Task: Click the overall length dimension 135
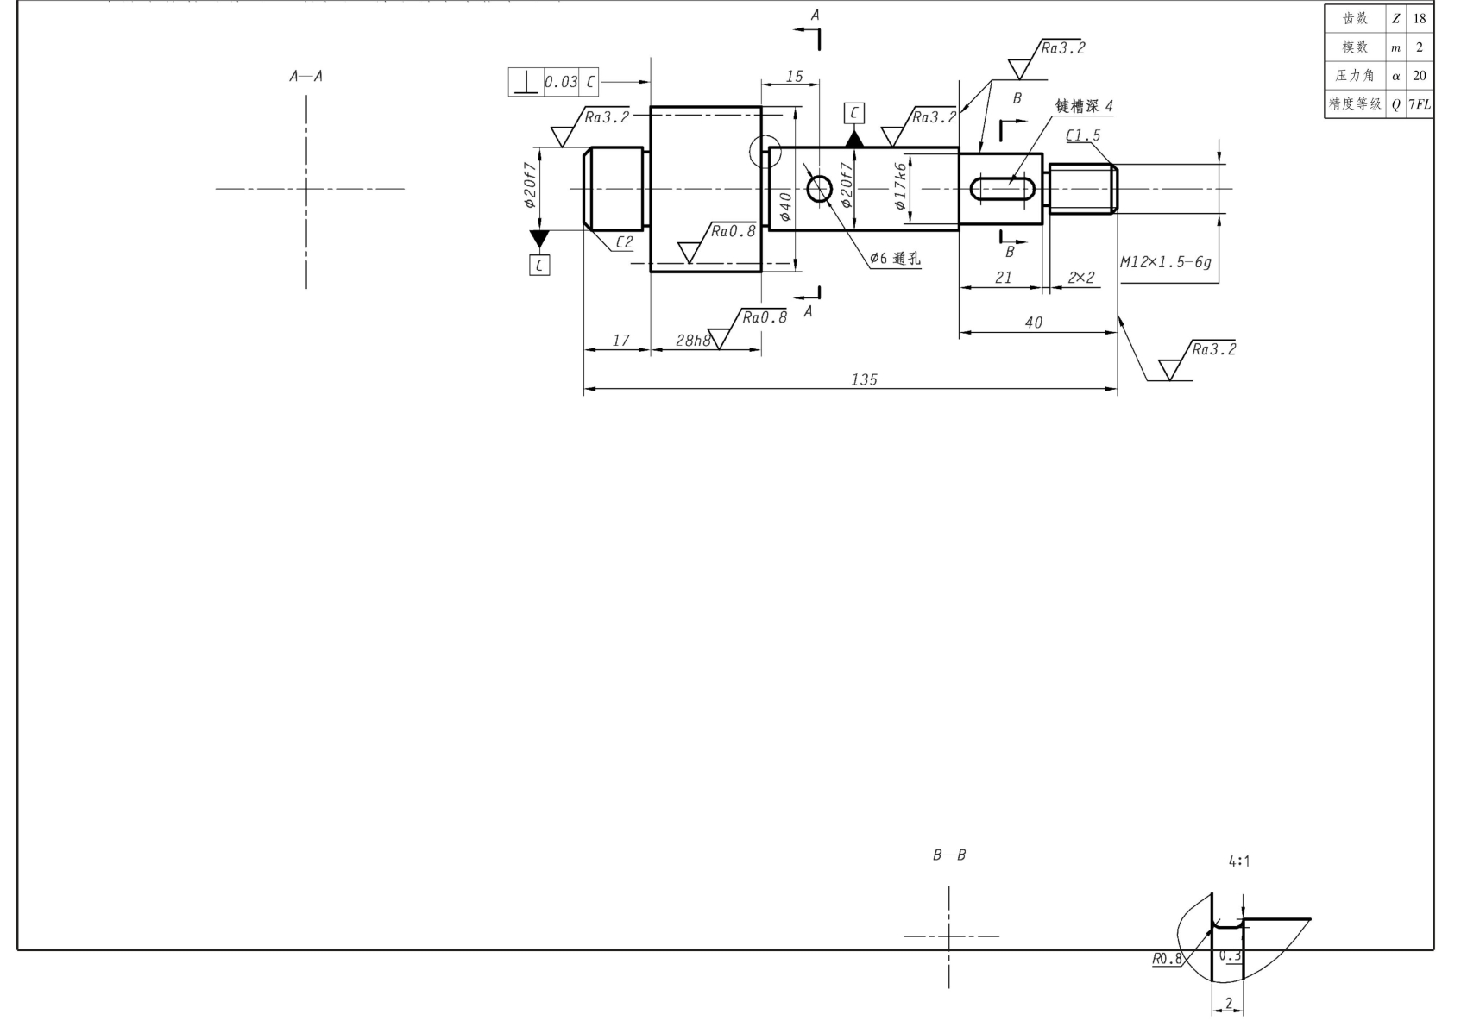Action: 864,379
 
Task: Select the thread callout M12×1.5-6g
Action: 1166,262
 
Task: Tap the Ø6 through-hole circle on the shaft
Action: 819,189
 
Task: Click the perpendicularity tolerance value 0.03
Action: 561,82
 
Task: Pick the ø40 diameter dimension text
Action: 785,207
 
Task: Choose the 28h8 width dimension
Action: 693,340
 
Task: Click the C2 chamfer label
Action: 624,241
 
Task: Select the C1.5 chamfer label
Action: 1083,135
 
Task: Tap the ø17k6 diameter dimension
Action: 900,185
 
